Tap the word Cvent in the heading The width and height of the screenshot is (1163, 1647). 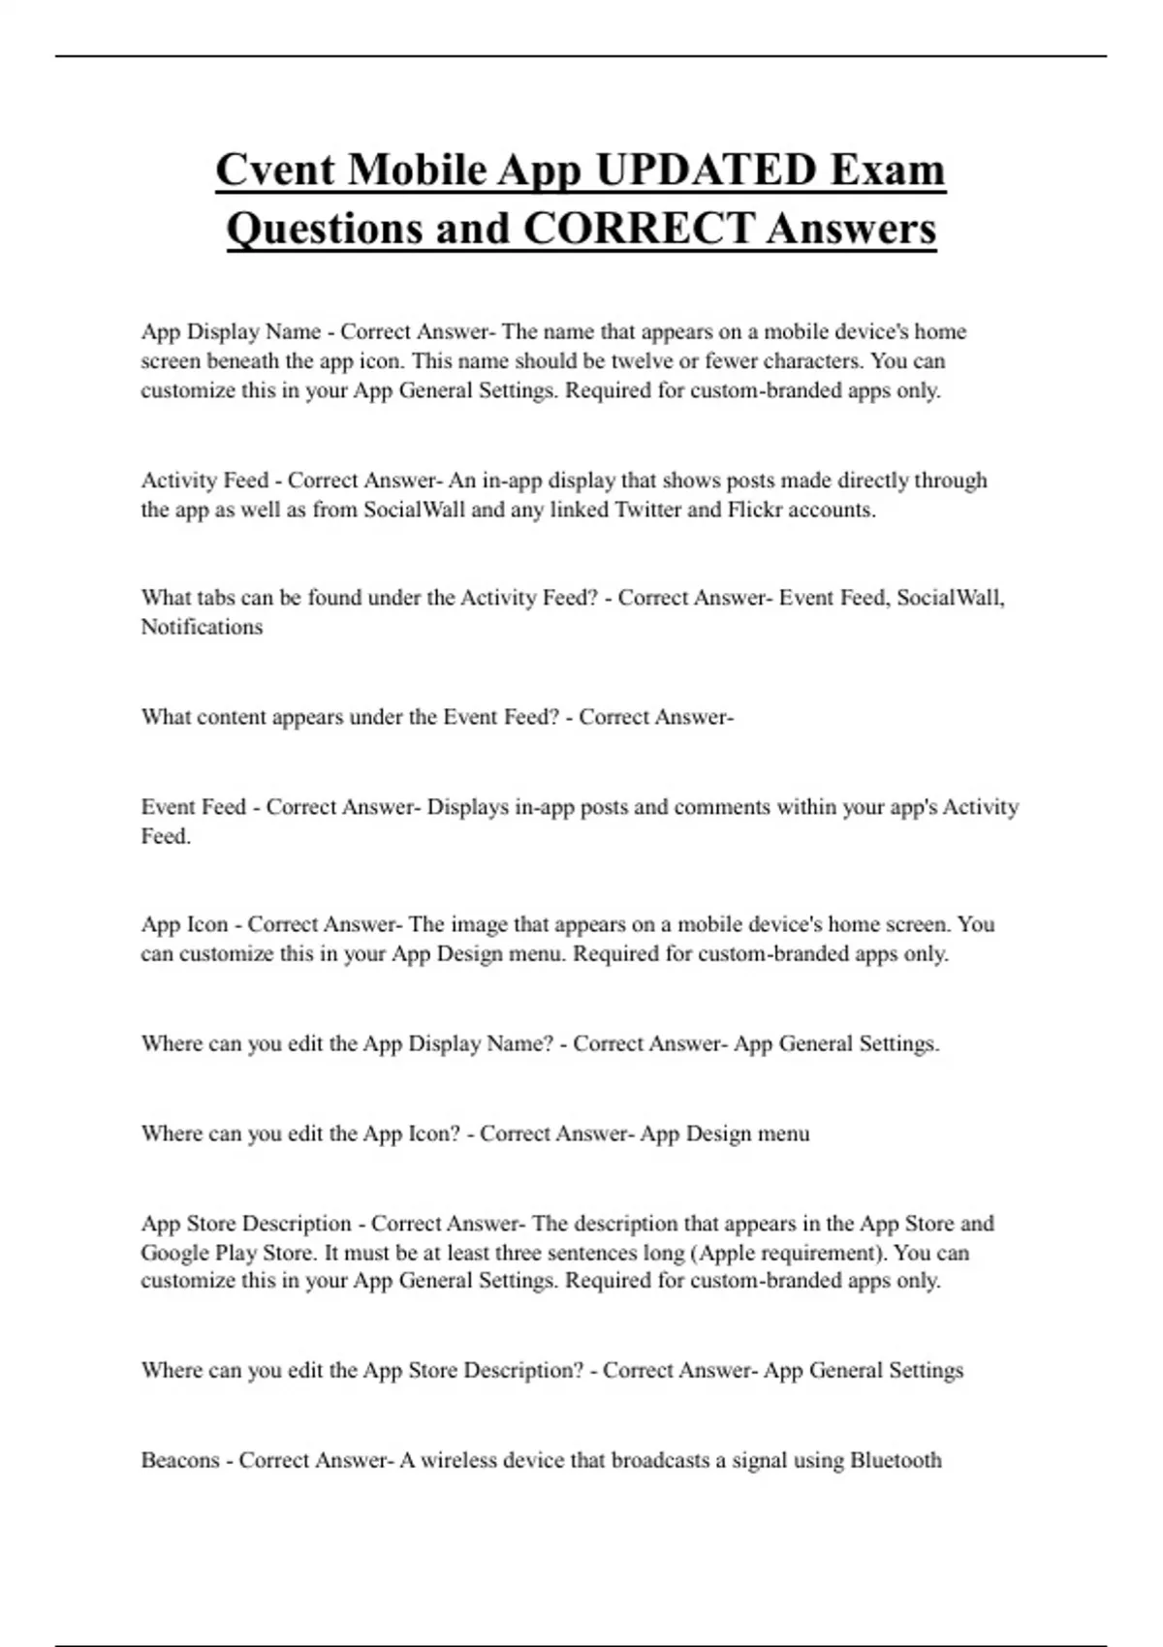(x=275, y=171)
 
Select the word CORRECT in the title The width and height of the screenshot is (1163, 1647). (x=638, y=230)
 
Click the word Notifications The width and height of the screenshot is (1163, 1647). (x=202, y=627)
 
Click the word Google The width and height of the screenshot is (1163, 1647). (x=174, y=1253)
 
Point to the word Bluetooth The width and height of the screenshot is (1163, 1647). (x=896, y=1460)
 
